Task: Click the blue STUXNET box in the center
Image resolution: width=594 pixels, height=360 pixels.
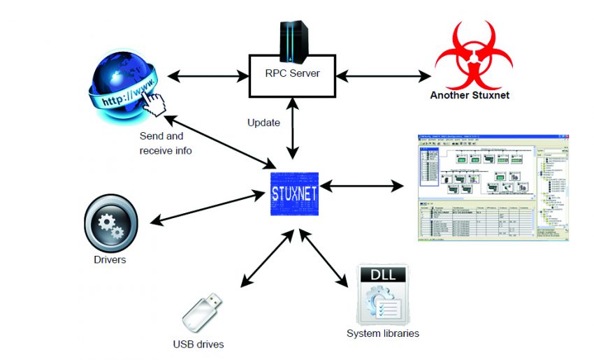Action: click(x=294, y=190)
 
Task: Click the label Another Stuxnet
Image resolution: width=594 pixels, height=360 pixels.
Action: click(x=469, y=94)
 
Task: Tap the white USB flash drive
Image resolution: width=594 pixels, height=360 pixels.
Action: click(x=203, y=312)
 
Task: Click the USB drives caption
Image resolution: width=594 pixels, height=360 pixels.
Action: click(x=199, y=345)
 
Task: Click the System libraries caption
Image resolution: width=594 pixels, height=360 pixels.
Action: click(x=383, y=333)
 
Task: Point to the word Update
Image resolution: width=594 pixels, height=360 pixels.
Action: click(x=263, y=123)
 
